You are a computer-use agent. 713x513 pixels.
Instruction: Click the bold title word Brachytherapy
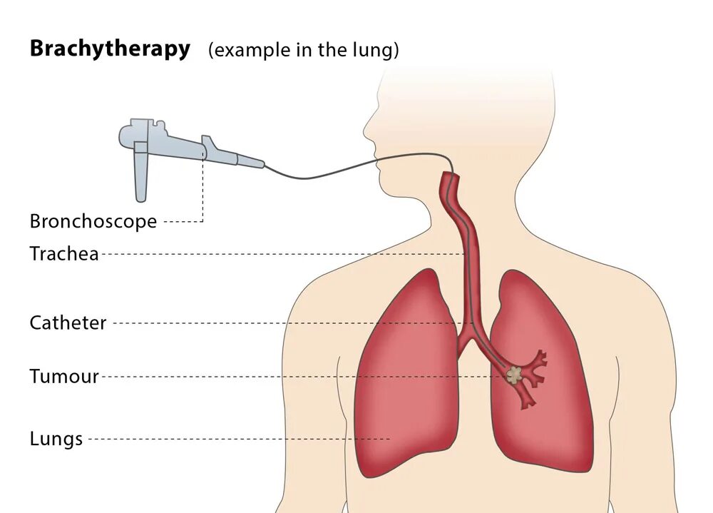(110, 49)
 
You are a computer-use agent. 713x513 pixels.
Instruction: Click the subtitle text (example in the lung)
(303, 51)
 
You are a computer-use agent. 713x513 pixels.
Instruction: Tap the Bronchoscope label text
(93, 221)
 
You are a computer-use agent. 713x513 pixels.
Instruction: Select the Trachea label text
(64, 253)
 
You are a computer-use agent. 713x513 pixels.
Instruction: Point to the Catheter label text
(68, 323)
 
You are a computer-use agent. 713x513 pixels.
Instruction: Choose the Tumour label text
(64, 377)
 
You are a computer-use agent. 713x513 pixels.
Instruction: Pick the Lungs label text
(56, 439)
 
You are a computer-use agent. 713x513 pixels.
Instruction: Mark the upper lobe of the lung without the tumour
(414, 314)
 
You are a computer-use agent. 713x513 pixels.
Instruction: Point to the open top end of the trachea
(448, 176)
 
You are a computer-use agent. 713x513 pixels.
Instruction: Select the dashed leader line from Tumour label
(299, 377)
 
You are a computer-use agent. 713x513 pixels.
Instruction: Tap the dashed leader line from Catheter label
(285, 323)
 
